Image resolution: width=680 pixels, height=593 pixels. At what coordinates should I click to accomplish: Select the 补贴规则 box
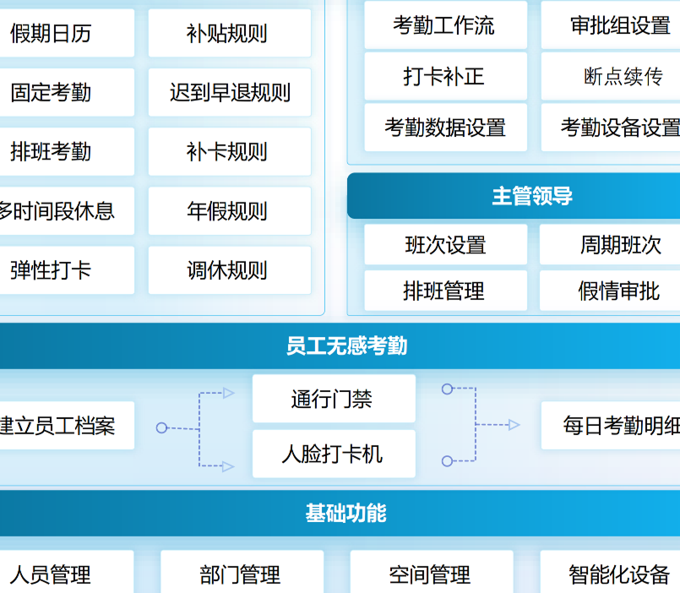229,34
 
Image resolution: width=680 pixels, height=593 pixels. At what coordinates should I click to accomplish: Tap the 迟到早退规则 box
229,93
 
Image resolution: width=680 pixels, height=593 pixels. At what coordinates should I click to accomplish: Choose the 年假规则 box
229,211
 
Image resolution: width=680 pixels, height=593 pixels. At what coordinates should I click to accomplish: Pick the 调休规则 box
229,270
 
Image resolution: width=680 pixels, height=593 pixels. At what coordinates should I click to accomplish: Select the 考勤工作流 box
445,25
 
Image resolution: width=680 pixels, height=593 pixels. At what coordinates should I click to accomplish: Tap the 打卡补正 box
445,77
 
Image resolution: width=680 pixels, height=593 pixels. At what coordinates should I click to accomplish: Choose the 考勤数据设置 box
445,128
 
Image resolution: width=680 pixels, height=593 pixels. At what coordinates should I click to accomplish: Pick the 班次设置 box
445,245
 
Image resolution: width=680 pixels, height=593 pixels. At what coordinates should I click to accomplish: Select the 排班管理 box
445,291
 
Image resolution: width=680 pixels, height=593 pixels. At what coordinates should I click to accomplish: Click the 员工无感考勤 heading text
346,346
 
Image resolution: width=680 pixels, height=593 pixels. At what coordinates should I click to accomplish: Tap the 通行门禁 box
334,399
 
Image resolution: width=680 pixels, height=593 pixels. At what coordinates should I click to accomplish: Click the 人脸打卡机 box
334,454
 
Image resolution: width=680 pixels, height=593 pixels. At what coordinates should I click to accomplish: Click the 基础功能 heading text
346,513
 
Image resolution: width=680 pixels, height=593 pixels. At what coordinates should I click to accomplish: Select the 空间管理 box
431,574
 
